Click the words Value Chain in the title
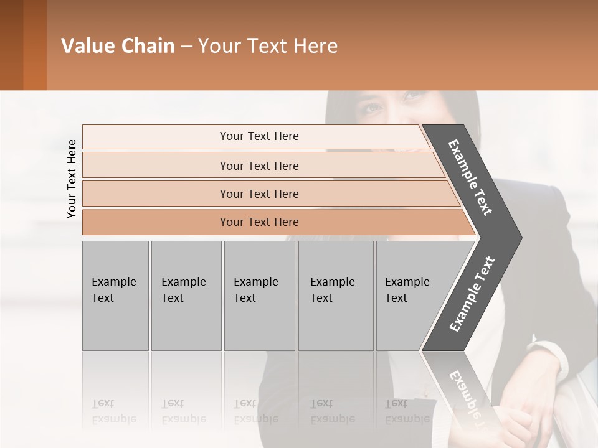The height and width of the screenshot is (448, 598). (118, 46)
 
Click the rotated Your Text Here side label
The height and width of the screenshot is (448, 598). (72, 179)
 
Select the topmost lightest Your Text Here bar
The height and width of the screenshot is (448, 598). (259, 136)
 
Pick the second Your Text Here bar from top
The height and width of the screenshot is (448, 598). (259, 166)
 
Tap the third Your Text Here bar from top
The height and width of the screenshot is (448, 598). (259, 194)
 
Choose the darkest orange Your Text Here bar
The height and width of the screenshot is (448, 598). (259, 222)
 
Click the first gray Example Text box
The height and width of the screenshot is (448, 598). (115, 295)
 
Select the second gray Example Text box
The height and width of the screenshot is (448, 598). (186, 295)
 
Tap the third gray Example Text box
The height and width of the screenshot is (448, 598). (259, 295)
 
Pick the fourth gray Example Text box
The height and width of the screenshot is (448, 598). (336, 295)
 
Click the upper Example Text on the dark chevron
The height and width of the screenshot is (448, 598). (470, 178)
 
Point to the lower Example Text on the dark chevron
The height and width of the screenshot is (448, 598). (472, 294)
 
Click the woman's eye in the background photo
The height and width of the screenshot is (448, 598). (373, 108)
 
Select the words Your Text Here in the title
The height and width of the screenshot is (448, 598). (268, 46)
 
